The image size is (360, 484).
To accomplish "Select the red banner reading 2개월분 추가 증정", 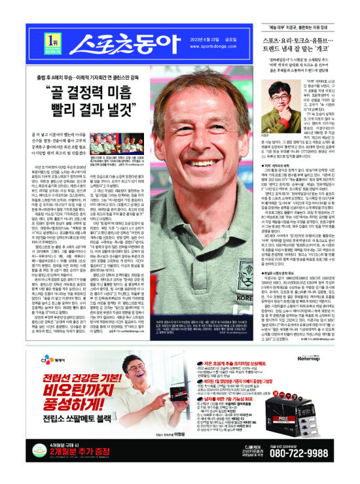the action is [x=63, y=469].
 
